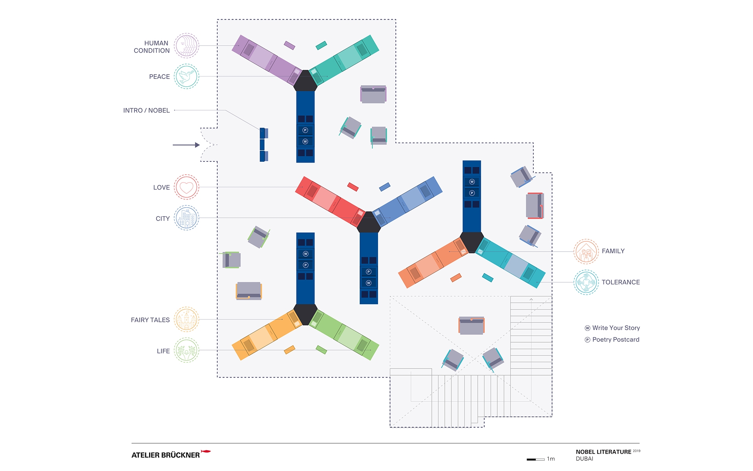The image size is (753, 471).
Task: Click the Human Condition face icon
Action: tap(186, 46)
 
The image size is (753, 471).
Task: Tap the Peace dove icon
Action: tap(186, 77)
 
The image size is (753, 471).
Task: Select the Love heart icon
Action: tap(186, 187)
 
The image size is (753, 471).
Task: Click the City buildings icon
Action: tap(186, 218)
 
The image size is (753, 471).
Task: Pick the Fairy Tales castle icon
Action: tap(186, 319)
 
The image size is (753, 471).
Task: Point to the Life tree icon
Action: tap(186, 350)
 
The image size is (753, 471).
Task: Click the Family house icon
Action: tap(586, 252)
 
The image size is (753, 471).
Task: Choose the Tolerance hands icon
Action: tap(586, 282)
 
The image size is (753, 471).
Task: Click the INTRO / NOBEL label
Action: tap(146, 111)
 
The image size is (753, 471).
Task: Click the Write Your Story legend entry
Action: tap(616, 328)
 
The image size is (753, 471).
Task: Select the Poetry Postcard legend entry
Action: tap(615, 340)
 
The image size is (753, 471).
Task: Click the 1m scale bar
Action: tap(535, 459)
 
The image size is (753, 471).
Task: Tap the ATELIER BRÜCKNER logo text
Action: tap(166, 455)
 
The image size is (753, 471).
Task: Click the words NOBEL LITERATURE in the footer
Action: tap(603, 452)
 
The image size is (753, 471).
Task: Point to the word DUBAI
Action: tap(584, 459)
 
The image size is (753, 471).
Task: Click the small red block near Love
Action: tap(353, 187)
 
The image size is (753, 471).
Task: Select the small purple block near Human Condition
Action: tap(289, 46)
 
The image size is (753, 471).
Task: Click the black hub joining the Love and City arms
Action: tap(369, 223)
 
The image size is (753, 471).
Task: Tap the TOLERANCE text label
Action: tap(620, 282)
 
